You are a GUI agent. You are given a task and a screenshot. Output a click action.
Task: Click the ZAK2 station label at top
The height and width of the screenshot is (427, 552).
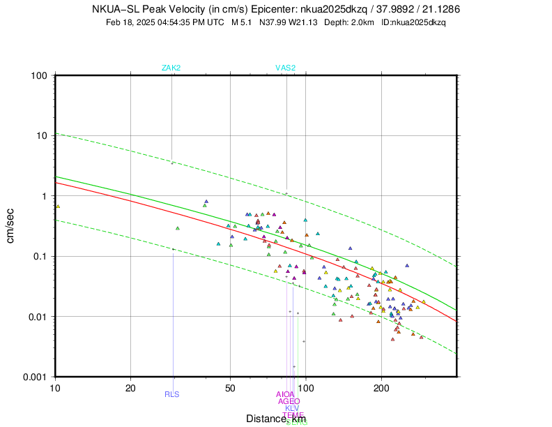171,68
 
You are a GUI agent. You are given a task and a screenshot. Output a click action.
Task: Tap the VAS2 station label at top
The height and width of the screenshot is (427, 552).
285,68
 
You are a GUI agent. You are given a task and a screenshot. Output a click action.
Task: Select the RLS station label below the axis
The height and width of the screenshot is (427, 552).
171,394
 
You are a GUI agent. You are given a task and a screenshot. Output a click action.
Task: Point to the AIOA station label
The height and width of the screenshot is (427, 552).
286,394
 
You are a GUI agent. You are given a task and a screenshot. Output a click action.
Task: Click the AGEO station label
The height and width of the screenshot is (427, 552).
289,401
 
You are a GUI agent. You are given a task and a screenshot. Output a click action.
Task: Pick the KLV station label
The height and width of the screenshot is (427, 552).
292,408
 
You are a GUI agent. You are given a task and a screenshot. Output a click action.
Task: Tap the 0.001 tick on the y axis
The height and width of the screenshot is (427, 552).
36,377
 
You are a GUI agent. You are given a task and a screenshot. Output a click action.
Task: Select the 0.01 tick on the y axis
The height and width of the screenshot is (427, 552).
38,317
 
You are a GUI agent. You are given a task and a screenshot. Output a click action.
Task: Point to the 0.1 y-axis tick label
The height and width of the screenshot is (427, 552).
40,256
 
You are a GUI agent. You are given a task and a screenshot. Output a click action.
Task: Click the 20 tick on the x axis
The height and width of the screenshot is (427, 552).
130,387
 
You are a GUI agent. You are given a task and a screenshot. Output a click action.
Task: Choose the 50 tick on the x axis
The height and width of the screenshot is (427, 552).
230,387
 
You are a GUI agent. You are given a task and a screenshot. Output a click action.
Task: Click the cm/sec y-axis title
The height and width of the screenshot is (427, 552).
12,226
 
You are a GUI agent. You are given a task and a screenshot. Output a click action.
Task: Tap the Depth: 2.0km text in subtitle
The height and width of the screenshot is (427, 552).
350,22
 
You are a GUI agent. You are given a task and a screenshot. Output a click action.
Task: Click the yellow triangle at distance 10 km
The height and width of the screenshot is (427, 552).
58,206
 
